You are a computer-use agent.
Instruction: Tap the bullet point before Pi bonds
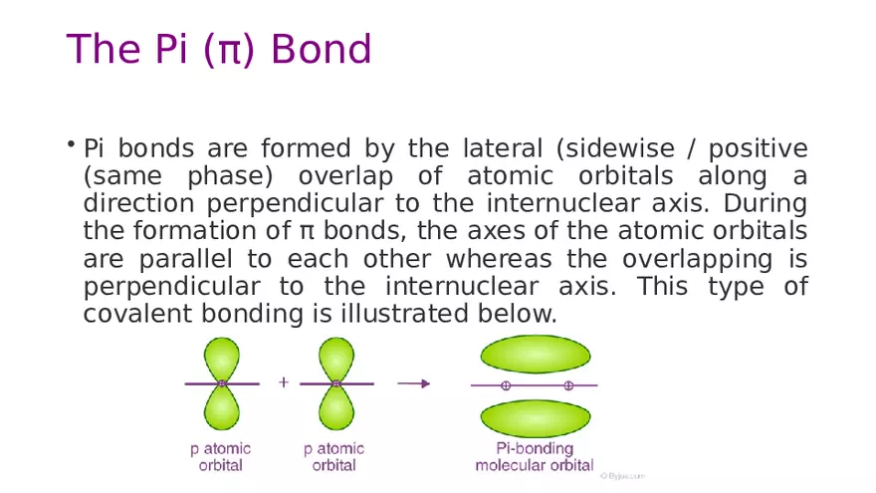(72, 146)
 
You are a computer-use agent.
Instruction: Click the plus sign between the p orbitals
(283, 382)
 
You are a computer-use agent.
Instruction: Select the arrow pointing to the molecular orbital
(413, 382)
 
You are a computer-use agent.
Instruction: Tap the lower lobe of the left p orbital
(221, 408)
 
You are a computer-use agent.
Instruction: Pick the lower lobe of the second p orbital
(335, 408)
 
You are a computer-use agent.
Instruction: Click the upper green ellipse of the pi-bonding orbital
(536, 355)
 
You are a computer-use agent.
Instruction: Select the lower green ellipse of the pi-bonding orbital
(536, 416)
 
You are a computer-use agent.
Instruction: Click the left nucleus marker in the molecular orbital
(506, 385)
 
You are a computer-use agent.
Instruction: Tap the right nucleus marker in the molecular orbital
(568, 385)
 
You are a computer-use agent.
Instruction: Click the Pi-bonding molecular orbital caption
(535, 457)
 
